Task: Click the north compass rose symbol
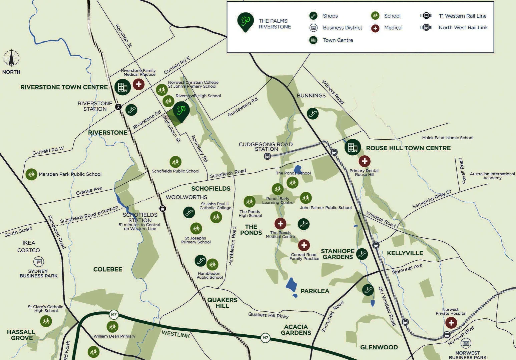click(11, 58)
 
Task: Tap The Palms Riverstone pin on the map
click(181, 111)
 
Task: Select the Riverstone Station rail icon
click(118, 107)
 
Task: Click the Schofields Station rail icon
click(163, 209)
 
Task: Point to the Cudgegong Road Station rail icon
click(267, 156)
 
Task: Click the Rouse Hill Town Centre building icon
click(353, 147)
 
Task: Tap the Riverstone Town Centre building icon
click(122, 87)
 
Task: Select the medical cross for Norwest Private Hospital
click(451, 323)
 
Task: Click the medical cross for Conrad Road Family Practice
click(304, 246)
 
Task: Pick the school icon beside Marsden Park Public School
click(31, 174)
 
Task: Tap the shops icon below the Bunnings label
click(313, 114)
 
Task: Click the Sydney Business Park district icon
click(38, 262)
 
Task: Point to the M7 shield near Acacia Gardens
click(265, 338)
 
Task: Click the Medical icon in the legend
click(375, 28)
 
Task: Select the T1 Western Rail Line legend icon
click(426, 16)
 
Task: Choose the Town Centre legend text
click(338, 40)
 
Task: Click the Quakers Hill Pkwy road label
click(268, 315)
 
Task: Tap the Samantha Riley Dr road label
click(432, 199)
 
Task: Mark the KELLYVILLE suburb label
click(405, 253)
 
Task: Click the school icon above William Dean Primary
click(112, 326)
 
